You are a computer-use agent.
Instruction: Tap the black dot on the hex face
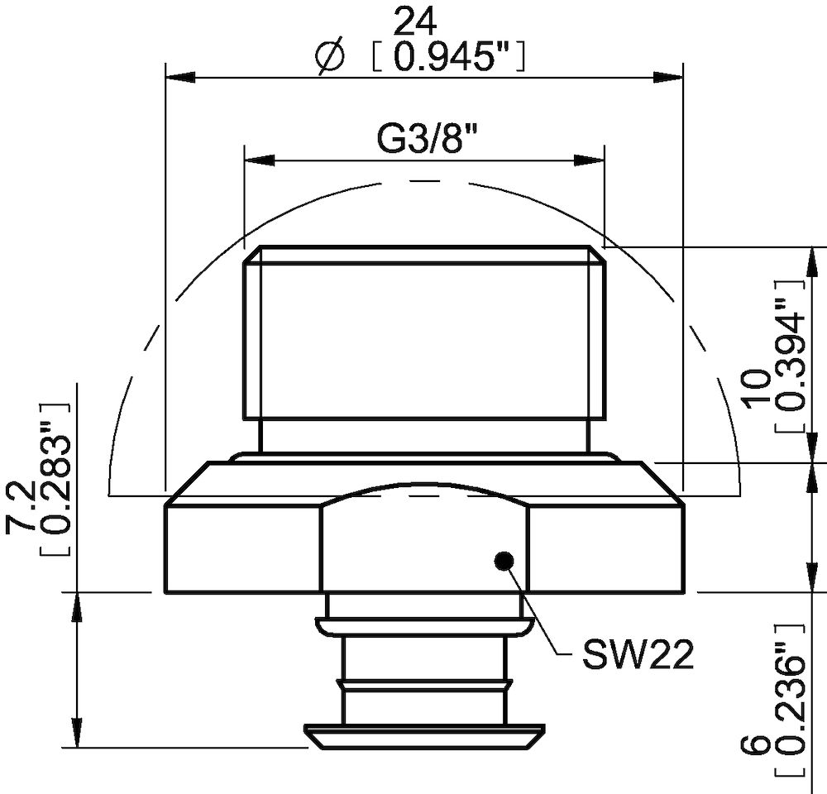click(x=502, y=561)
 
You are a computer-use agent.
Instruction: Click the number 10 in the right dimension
click(x=757, y=389)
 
